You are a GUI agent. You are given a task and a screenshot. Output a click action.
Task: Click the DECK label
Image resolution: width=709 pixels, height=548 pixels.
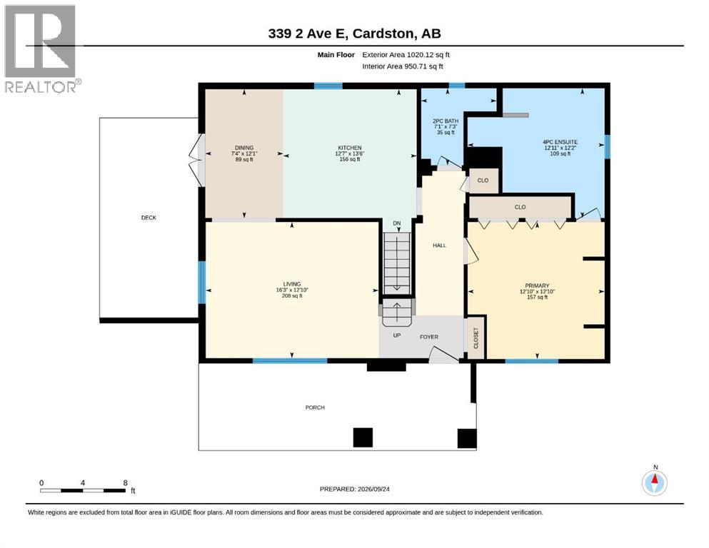point(149,218)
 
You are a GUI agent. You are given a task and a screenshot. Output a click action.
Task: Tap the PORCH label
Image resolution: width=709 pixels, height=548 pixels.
point(315,407)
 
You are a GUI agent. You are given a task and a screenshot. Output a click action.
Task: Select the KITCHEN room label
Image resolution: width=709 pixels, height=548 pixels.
point(350,148)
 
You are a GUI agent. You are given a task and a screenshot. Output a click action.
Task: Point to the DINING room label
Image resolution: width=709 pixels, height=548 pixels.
point(244,148)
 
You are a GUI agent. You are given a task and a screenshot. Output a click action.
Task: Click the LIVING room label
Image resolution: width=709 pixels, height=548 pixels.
point(292,284)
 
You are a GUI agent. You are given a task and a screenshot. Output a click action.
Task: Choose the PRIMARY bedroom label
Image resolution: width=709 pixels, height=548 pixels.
point(537,285)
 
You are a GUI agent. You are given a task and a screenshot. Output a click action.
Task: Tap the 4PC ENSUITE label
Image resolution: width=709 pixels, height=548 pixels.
point(560,142)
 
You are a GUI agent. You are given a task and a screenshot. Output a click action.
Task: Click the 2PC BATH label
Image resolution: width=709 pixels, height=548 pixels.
point(446,121)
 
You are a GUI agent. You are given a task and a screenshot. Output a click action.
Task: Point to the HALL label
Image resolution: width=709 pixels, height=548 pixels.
point(440,245)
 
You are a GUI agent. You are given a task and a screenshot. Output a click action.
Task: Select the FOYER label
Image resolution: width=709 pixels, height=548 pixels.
point(429,337)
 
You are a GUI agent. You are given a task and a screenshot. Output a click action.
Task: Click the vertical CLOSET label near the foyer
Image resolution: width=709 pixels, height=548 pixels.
point(476,338)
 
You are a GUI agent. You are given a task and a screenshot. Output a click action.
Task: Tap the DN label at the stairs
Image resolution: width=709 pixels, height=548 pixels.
point(396,223)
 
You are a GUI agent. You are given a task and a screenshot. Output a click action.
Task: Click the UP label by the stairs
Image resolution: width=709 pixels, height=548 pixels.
point(396,335)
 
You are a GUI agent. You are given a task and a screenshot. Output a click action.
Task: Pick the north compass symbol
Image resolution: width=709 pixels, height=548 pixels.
point(654,482)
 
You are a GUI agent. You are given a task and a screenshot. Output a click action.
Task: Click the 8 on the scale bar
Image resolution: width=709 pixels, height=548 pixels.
point(125,482)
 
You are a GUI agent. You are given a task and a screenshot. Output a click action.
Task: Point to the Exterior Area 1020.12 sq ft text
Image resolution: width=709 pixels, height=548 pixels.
point(406,55)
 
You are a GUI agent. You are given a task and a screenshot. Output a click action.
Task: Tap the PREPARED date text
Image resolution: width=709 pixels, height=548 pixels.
point(354,489)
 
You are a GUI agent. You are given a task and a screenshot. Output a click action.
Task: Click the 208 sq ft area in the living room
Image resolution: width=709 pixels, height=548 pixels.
point(292,296)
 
